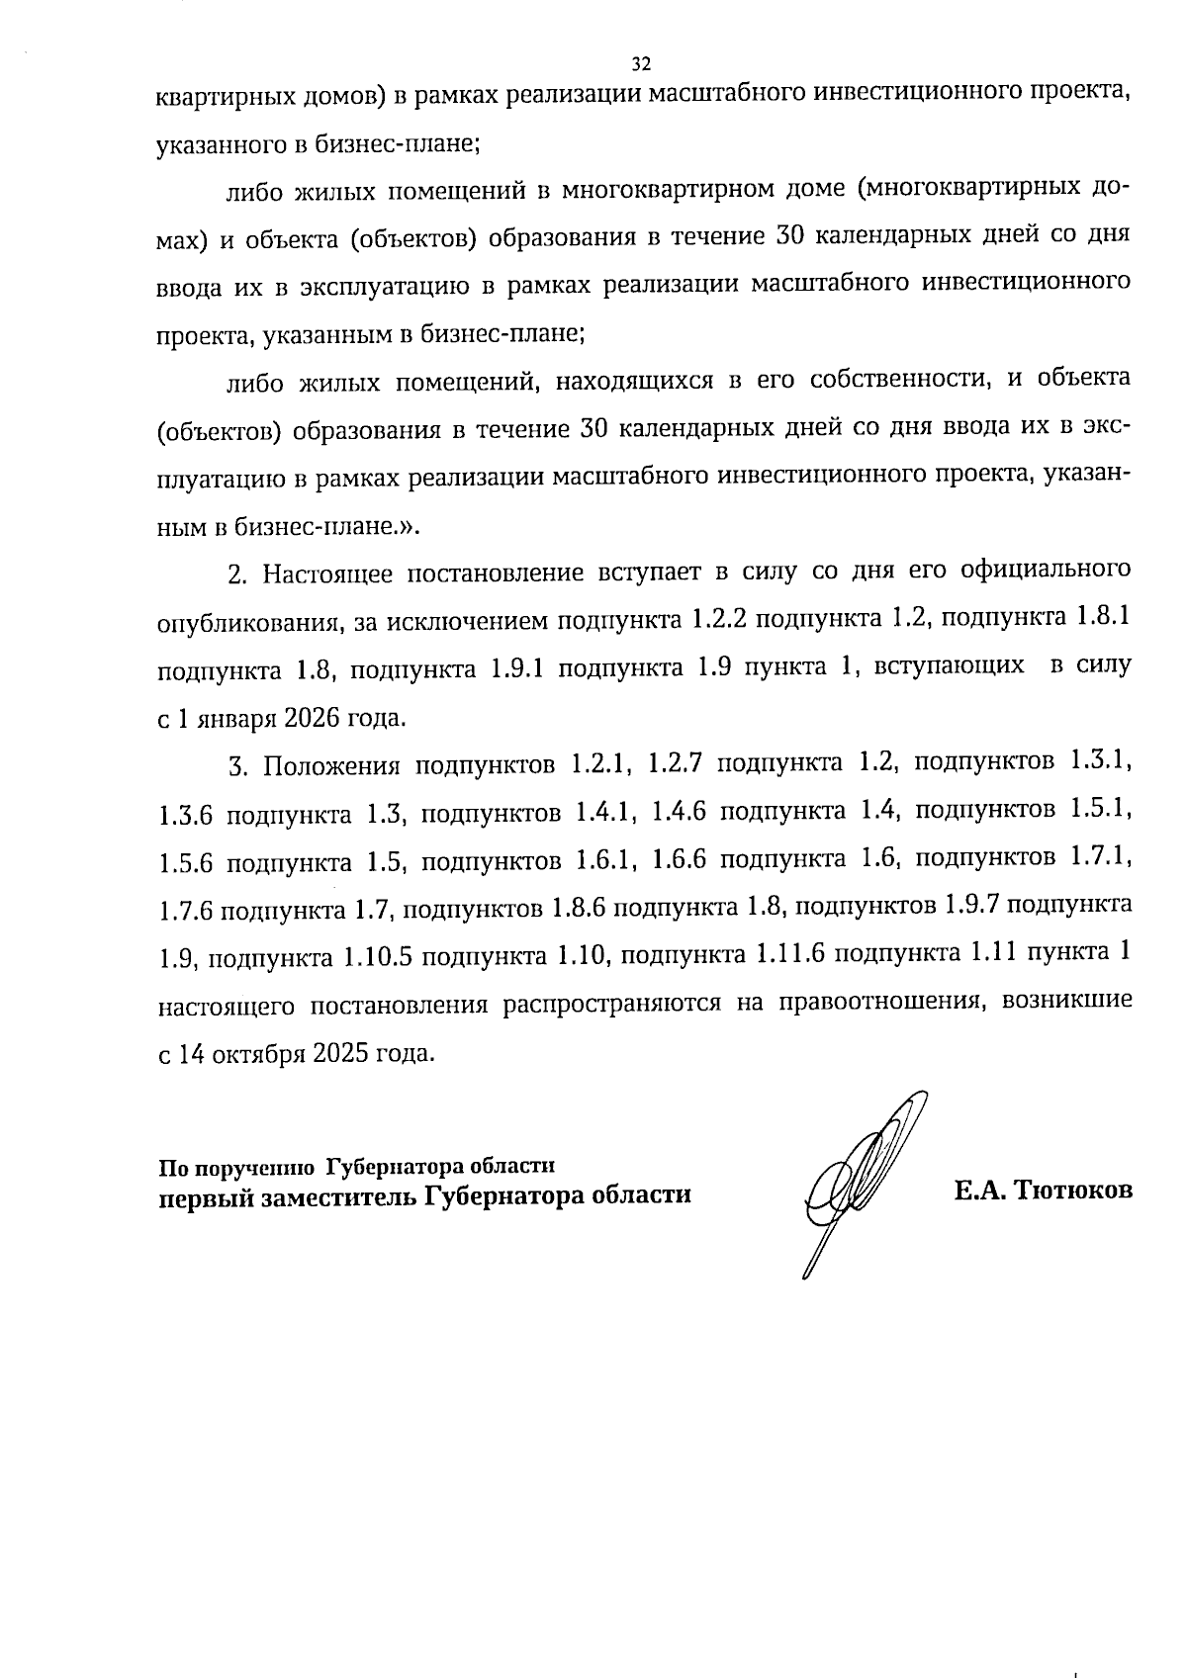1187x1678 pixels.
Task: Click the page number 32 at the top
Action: pos(641,65)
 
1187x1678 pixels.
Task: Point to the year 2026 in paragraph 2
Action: pos(311,718)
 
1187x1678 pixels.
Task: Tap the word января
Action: pos(238,718)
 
